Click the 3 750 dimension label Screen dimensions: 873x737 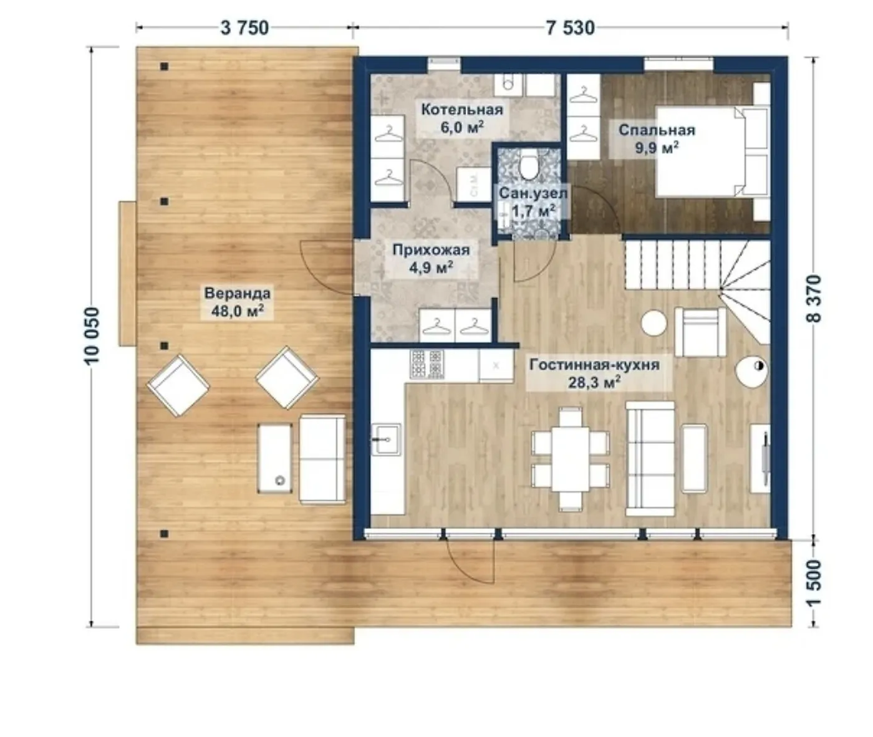(244, 29)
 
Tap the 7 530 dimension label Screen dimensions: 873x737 (571, 29)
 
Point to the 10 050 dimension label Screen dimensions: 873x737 (92, 336)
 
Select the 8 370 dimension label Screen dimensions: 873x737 (814, 299)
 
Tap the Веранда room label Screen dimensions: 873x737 (238, 294)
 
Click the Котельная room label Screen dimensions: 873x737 (462, 110)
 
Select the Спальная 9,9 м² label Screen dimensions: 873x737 (657, 139)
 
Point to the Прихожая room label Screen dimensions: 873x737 (431, 250)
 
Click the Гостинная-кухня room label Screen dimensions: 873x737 (594, 365)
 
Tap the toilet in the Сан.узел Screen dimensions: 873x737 (529, 167)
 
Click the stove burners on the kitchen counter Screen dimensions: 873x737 (427, 364)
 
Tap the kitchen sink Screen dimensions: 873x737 (386, 440)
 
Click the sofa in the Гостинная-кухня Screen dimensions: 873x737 (650, 458)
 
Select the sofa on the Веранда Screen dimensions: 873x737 (322, 459)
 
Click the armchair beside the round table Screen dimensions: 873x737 (700, 332)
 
